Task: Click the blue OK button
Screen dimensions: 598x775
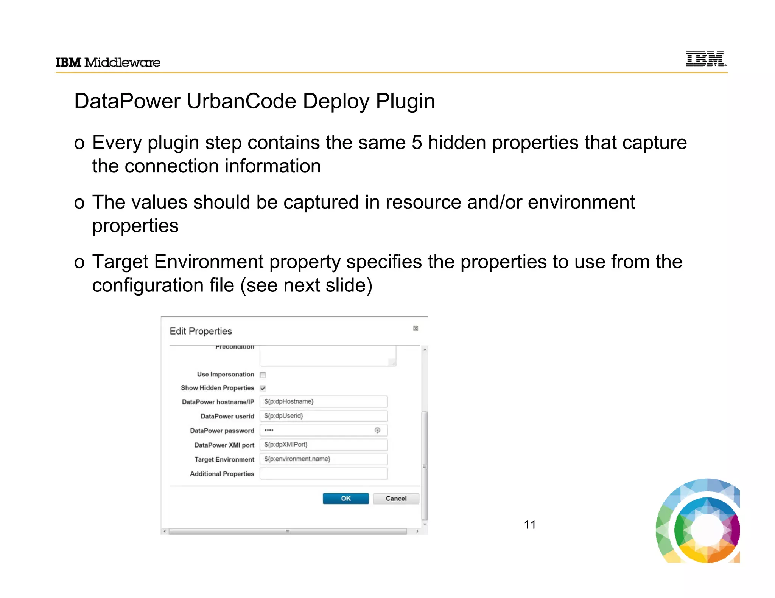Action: click(x=345, y=498)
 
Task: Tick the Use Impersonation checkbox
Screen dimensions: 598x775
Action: click(x=263, y=375)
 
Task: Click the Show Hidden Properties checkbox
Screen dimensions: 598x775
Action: click(x=263, y=388)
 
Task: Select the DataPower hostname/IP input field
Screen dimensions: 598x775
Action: click(x=324, y=401)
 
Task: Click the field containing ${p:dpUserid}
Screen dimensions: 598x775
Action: click(x=324, y=416)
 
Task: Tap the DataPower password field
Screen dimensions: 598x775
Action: click(x=318, y=430)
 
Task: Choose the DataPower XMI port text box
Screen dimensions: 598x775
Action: click(x=324, y=445)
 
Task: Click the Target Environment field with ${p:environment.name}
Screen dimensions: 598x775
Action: click(x=324, y=459)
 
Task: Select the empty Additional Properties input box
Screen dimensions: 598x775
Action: click(x=324, y=473)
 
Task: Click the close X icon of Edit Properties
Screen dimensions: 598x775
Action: click(x=416, y=328)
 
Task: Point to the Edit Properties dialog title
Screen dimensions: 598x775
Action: click(x=201, y=331)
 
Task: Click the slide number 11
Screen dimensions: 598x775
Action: click(x=530, y=525)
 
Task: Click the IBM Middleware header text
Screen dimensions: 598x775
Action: click(x=108, y=62)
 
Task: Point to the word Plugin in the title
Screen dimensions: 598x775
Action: click(x=405, y=101)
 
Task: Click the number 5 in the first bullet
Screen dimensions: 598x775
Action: click(x=417, y=143)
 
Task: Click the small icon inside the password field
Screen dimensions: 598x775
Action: click(x=377, y=430)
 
